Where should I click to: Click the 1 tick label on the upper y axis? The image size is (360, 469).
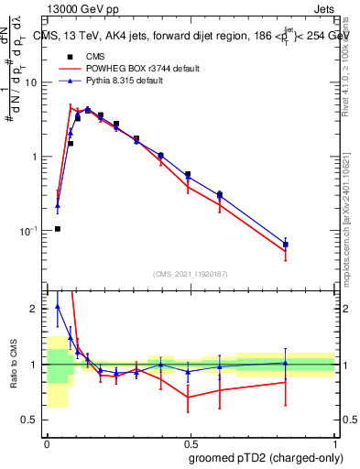(x=37, y=157)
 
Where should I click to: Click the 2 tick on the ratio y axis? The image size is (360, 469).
(x=37, y=309)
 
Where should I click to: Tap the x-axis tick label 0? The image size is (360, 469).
(x=47, y=443)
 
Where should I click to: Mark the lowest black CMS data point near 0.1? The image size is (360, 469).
(x=58, y=229)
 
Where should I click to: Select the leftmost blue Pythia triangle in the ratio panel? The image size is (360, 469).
(x=58, y=307)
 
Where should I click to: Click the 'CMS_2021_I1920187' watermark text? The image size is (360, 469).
(x=191, y=274)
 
